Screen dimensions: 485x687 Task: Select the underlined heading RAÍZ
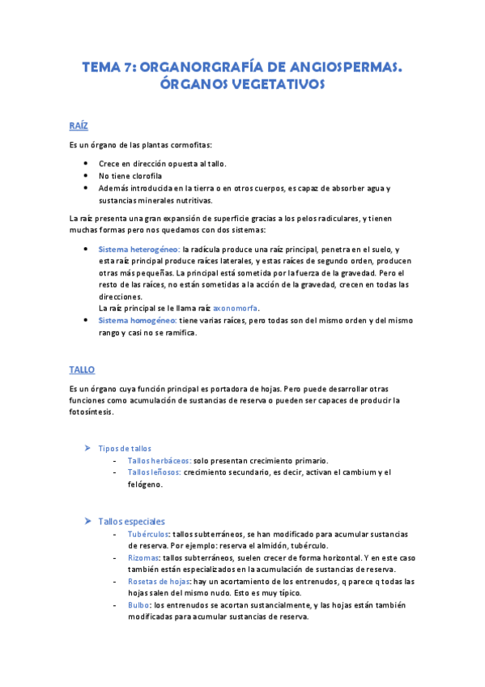click(x=79, y=126)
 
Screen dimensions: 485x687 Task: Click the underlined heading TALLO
click(x=82, y=369)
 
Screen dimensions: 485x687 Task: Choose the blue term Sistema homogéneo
click(x=137, y=321)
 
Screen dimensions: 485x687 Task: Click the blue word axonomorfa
click(x=235, y=309)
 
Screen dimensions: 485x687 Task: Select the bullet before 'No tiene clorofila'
click(x=86, y=176)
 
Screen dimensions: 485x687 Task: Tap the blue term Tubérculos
click(x=148, y=534)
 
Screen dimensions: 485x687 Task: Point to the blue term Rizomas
click(x=143, y=558)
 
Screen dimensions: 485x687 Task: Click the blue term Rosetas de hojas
click(x=158, y=582)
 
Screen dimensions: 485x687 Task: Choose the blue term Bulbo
click(x=138, y=605)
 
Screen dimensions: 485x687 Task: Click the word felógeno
click(x=146, y=484)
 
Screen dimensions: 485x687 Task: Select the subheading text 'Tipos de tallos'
click(x=124, y=448)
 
